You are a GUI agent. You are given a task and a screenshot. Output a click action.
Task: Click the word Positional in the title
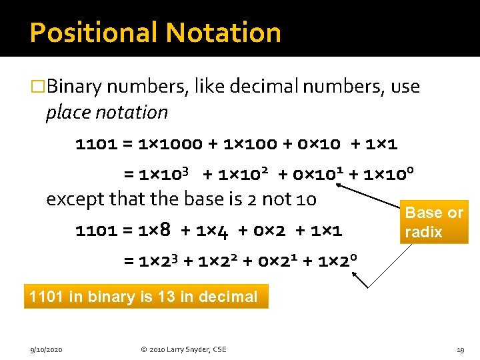[x=93, y=32]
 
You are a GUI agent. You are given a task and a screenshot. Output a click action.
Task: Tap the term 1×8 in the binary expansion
[x=154, y=231]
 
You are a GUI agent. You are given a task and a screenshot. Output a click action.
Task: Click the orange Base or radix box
[x=434, y=223]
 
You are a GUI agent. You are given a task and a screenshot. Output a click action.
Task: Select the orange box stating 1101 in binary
[x=146, y=297]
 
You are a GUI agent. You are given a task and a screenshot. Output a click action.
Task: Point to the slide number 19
[x=460, y=349]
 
